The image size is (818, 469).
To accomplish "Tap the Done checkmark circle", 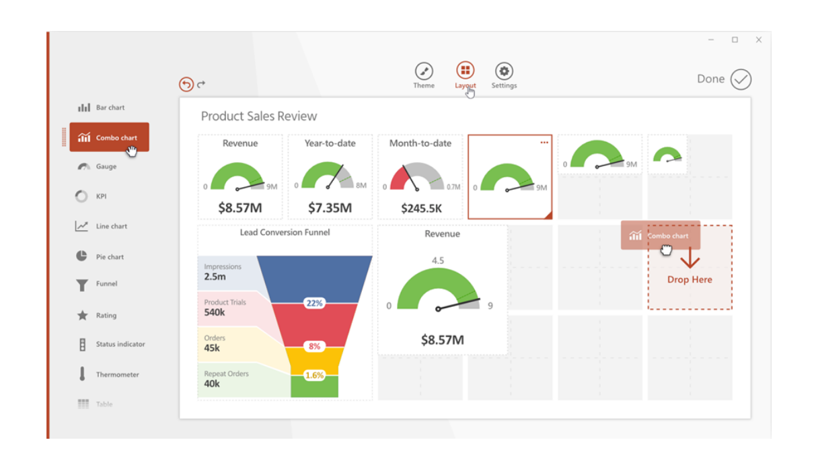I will [741, 79].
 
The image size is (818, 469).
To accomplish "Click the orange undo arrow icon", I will [186, 84].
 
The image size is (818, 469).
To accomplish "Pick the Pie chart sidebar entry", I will [101, 256].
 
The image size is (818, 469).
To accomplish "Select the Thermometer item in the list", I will [108, 374].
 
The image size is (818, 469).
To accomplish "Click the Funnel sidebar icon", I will [82, 285].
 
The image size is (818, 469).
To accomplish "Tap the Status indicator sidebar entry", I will [111, 344].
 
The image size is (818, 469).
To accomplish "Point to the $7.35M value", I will [330, 208].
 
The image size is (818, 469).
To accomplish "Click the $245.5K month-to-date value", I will [421, 209].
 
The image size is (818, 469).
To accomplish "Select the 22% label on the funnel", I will [314, 303].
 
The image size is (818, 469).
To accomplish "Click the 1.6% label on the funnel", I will [314, 375].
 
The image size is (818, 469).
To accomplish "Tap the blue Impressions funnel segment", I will [314, 276].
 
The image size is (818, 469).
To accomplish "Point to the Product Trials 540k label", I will [225, 308].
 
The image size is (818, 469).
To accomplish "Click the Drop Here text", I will [690, 279].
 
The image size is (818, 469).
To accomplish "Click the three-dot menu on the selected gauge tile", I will [544, 143].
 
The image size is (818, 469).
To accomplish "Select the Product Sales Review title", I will [259, 116].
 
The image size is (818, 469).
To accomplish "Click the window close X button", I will [759, 40].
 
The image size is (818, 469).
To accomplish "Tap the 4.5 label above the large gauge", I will [437, 261].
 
